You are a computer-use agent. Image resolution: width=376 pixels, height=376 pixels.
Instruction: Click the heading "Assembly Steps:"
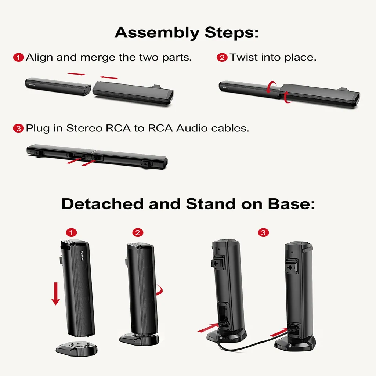tap(187, 33)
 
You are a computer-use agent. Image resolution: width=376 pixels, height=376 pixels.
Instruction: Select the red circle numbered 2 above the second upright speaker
tap(138, 232)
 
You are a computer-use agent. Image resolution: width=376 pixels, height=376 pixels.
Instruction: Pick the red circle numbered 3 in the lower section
tap(263, 232)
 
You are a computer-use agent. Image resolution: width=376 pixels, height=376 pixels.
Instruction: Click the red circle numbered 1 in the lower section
tap(71, 232)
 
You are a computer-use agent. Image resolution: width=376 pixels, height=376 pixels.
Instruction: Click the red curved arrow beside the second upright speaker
tap(159, 291)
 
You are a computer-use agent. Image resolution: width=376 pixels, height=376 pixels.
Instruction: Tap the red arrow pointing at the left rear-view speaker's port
tap(208, 328)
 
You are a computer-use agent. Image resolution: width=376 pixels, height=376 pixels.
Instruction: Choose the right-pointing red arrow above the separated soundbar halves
tap(77, 74)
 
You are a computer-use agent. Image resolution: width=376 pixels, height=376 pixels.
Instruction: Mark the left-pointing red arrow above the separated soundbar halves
tap(109, 77)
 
